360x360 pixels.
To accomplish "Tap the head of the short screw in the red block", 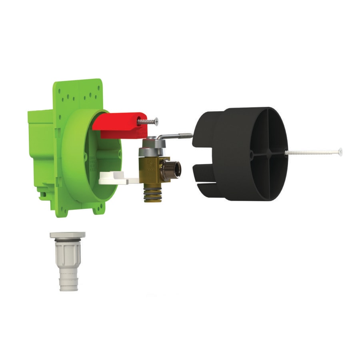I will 156,120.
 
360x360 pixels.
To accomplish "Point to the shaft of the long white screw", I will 312,152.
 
